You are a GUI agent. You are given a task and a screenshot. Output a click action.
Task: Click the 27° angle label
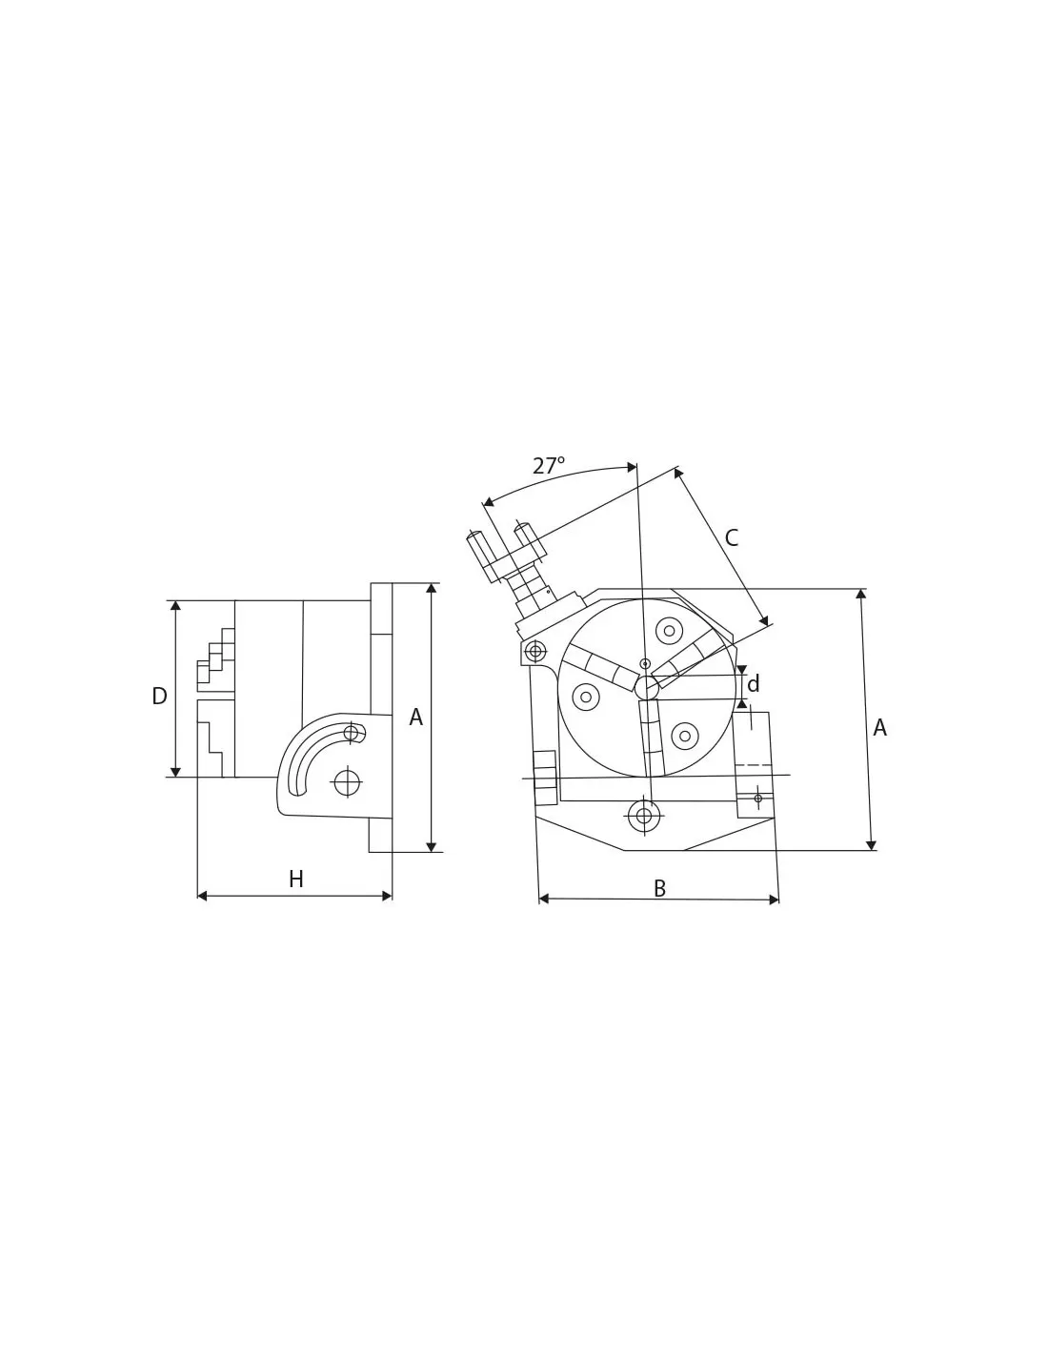548,465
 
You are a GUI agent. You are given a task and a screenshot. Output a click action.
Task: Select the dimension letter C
732,537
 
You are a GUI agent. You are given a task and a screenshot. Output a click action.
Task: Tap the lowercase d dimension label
753,684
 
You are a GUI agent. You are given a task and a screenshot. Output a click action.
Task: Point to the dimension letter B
659,888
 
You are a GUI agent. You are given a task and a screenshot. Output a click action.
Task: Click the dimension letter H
296,880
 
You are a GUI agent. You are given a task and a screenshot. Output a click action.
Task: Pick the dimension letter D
160,696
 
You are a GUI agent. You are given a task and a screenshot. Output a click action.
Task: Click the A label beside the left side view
415,718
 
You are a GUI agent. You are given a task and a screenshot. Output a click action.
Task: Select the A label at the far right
879,727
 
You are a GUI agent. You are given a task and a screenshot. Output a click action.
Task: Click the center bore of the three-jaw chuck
647,688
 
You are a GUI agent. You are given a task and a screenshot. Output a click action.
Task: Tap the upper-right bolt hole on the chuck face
669,631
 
